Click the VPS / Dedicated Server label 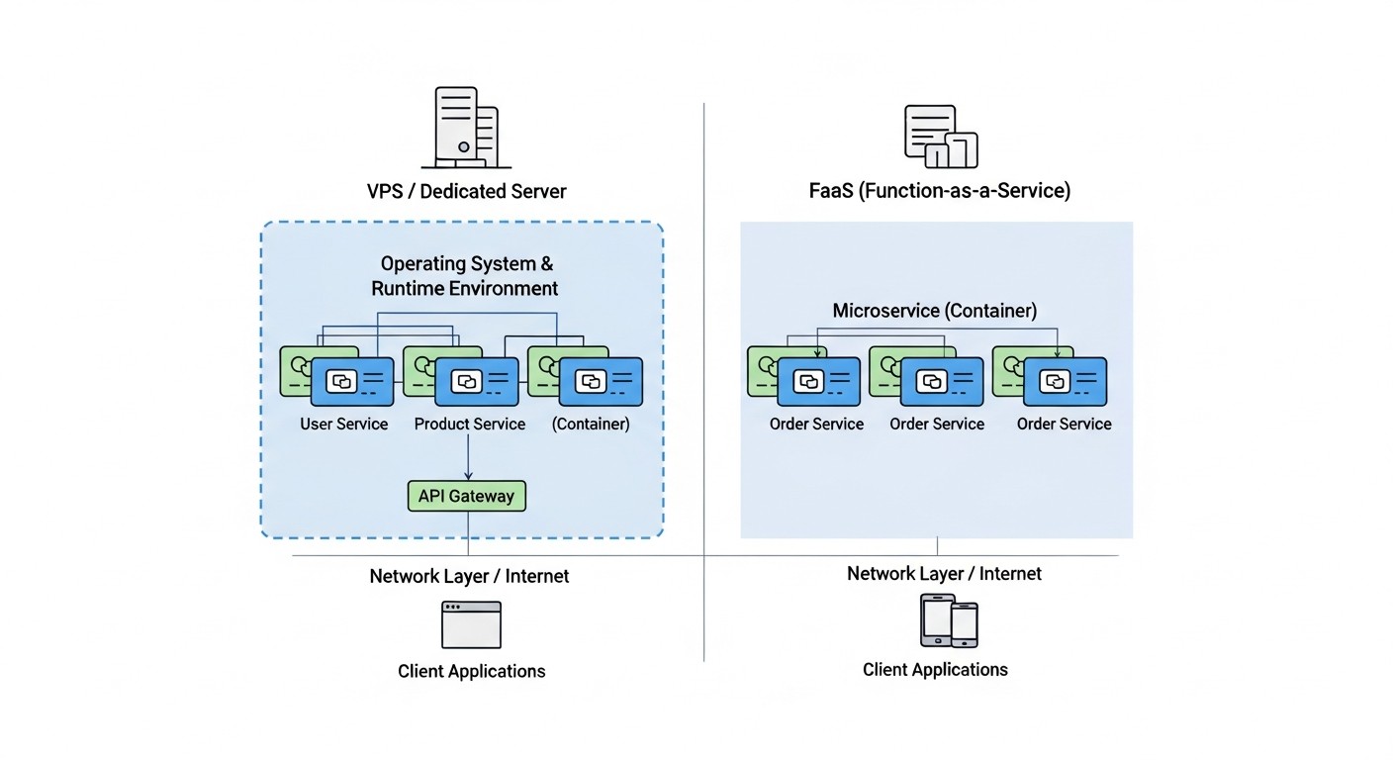(466, 191)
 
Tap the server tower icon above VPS (466, 128)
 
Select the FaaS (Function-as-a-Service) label (939, 191)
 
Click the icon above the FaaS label (940, 137)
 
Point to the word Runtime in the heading (410, 289)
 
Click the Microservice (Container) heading (934, 311)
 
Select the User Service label (344, 424)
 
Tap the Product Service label (469, 424)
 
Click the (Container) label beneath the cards (591, 424)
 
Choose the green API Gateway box (466, 496)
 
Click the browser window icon (471, 624)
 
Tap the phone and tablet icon (949, 621)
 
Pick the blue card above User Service (352, 382)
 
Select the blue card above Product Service (477, 382)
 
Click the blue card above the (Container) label (601, 382)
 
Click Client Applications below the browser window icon (471, 671)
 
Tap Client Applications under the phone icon (935, 670)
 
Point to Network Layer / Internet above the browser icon (469, 576)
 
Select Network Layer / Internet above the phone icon (944, 573)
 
